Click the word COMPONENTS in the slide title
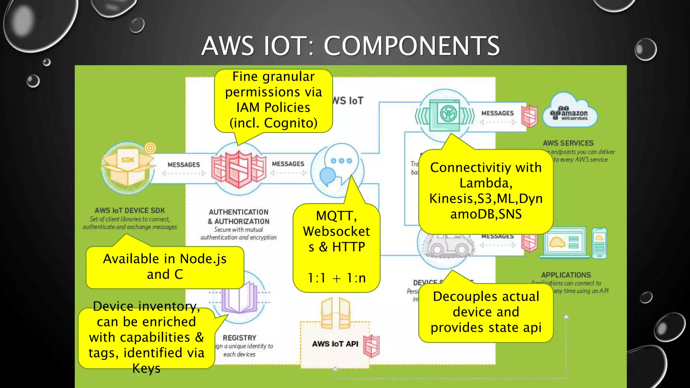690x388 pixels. pos(411,46)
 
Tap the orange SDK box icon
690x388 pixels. pos(128,167)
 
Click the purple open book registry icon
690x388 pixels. pos(240,296)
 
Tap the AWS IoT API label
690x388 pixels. pos(335,344)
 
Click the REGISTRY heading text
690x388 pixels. pos(240,338)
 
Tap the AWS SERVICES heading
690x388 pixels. pos(568,143)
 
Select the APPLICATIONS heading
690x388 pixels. pos(566,275)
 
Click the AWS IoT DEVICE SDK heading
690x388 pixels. pos(130,211)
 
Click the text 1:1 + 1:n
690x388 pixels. pos(337,278)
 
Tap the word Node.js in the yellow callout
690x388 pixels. pos(203,259)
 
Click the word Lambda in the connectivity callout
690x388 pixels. pos(485,183)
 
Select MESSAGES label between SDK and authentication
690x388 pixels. pos(184,165)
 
